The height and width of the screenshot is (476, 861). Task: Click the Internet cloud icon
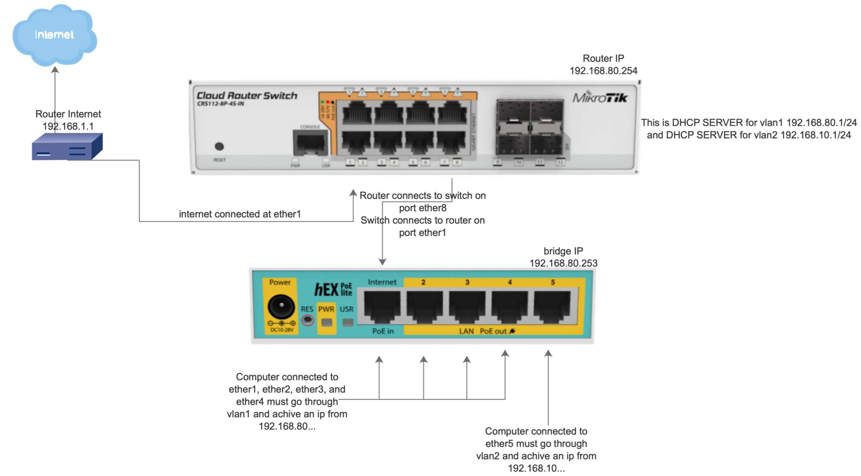tap(55, 35)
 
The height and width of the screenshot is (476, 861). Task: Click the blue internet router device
tap(67, 147)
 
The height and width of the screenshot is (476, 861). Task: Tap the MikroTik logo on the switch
tap(600, 97)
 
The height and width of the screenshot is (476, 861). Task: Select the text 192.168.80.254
tap(603, 71)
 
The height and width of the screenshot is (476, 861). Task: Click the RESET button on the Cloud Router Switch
tap(219, 146)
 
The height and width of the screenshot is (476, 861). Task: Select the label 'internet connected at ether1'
tap(240, 214)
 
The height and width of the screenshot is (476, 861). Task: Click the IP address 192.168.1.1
tap(68, 127)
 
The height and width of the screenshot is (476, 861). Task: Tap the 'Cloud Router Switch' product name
tap(247, 96)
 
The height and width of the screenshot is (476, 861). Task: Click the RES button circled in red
tap(307, 320)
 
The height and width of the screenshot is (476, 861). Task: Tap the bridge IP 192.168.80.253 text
tap(563, 263)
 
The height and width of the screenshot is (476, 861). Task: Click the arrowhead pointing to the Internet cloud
tap(55, 69)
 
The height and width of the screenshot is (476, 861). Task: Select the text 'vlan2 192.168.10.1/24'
tap(804, 135)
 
